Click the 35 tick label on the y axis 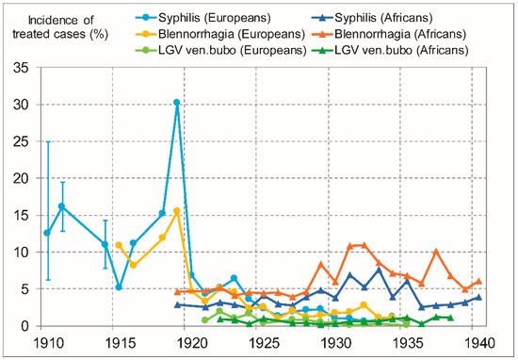click(x=23, y=68)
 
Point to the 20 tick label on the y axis click(x=23, y=178)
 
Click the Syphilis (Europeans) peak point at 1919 click(x=177, y=103)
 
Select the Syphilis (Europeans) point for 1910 click(x=47, y=233)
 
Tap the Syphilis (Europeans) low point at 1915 click(x=119, y=287)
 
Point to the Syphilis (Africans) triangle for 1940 click(x=479, y=297)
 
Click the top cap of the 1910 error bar click(x=47, y=141)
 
